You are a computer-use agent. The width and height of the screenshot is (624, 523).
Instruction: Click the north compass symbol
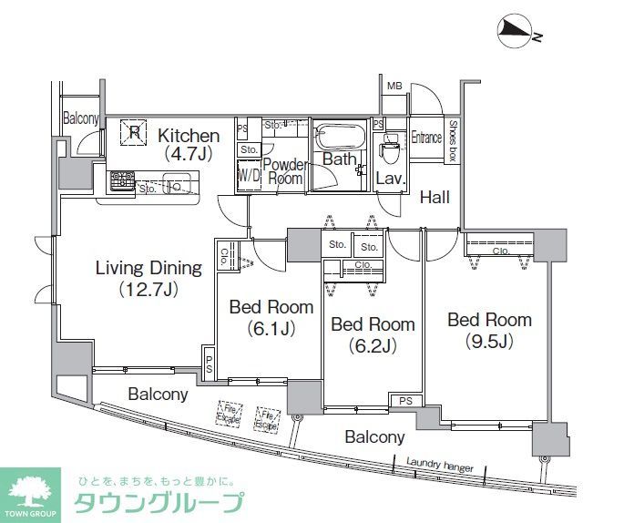coord(516,33)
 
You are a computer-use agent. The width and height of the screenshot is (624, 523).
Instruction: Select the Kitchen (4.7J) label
coord(189,144)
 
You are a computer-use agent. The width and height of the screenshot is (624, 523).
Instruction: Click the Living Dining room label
coord(148,278)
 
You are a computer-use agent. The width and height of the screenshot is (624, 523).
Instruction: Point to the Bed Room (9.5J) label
coord(489,330)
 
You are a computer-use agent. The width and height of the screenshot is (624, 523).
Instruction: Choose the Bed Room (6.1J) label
coord(271,317)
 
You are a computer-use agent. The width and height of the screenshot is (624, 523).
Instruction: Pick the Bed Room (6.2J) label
coord(373,333)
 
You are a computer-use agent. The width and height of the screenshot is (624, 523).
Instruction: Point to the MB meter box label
coord(394,87)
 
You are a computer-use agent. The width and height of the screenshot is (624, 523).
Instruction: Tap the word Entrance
coord(425,138)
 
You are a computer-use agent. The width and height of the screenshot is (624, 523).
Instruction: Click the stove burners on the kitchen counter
coord(119,180)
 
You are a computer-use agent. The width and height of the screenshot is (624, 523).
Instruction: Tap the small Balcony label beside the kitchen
coord(81,118)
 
